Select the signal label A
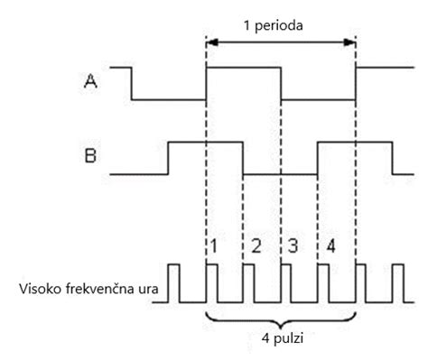coord(90,81)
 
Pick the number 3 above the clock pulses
coord(293,245)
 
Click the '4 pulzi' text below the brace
coord(281,344)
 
